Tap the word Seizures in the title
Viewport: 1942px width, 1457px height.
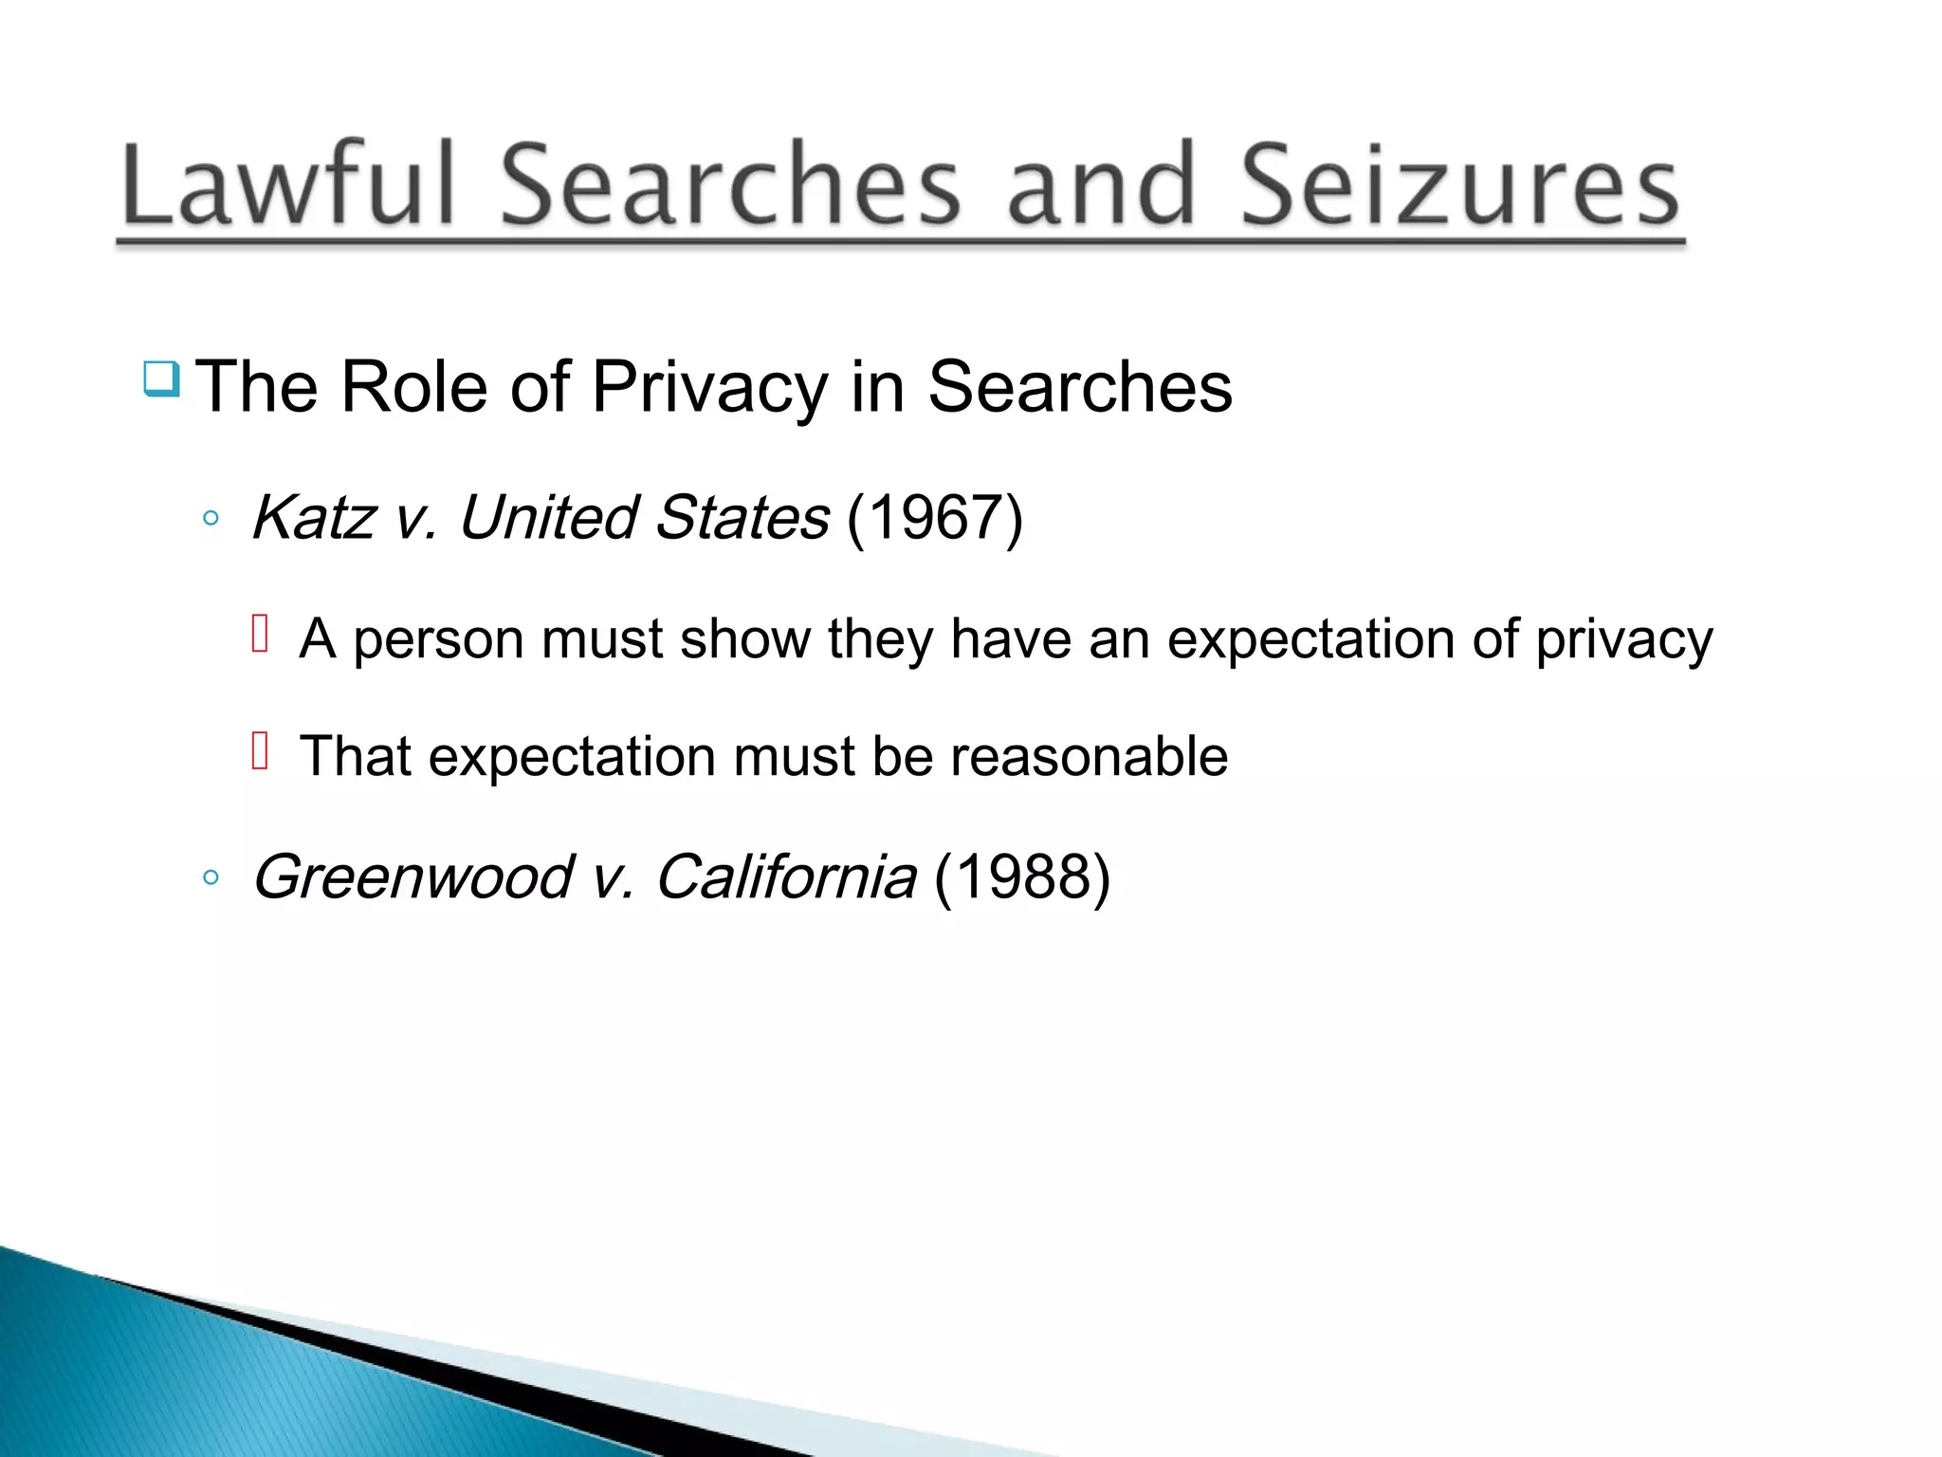(1460, 184)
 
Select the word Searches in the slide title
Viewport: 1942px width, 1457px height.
(730, 184)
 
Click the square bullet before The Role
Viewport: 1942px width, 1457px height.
(161, 379)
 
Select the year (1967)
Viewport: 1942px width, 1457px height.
(935, 518)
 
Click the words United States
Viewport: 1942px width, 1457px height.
(644, 518)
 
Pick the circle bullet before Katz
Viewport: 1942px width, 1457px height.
(211, 519)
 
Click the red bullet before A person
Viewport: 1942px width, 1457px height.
(260, 634)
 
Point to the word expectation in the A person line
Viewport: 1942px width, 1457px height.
(1310, 639)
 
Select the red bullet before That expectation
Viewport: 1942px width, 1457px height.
(260, 751)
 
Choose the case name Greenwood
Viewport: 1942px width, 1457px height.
(413, 876)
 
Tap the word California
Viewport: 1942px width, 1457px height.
(786, 876)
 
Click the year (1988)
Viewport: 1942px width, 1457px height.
(1022, 876)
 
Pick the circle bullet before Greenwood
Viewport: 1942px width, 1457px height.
(211, 877)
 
